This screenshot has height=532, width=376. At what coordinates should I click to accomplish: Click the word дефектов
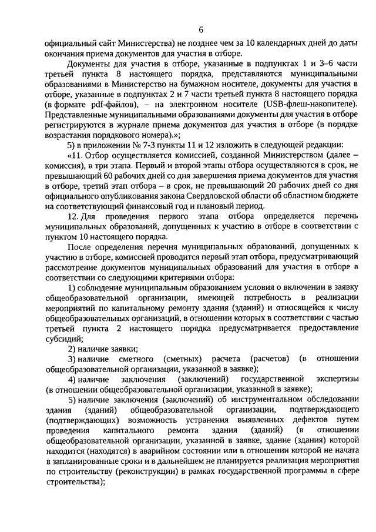coord(302,423)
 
